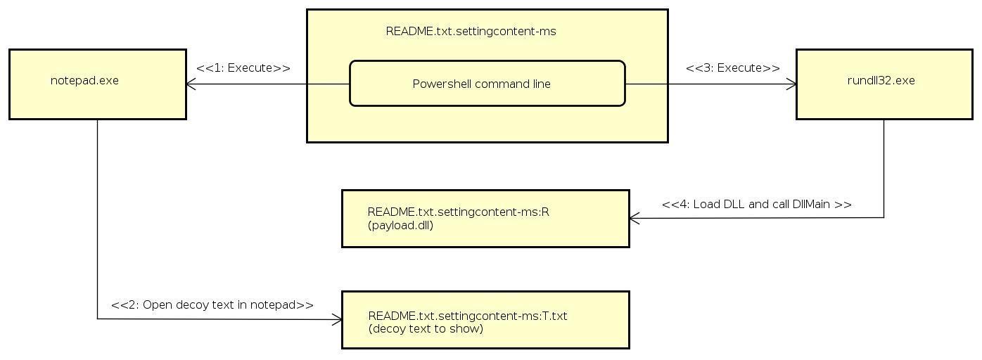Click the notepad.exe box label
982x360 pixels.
click(x=84, y=80)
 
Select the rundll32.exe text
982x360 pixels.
click(x=881, y=80)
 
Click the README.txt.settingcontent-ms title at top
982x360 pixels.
click(x=471, y=31)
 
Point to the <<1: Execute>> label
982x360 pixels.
click(x=243, y=68)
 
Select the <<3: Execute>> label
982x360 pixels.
click(x=732, y=68)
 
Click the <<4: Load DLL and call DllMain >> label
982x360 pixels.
click(x=756, y=205)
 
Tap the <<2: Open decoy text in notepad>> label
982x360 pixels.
click(x=212, y=305)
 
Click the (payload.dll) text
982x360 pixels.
click(x=400, y=226)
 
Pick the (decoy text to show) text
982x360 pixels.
click(x=426, y=328)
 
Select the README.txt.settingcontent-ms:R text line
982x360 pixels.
click(x=458, y=212)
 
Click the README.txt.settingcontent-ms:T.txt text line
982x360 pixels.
click(x=467, y=316)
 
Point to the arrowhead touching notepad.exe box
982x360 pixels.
click(x=191, y=84)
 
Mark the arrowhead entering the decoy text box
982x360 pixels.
click(x=338, y=320)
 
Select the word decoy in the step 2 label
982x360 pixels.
click(x=178, y=305)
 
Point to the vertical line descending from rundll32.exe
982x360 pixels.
click(x=884, y=169)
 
